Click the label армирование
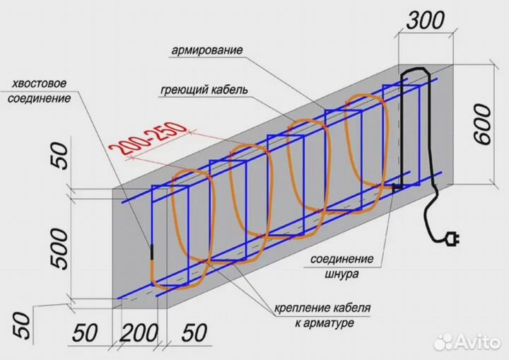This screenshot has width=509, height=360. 207,51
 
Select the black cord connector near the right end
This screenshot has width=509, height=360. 397,187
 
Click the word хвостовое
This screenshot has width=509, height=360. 41,85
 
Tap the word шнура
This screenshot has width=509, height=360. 343,272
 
